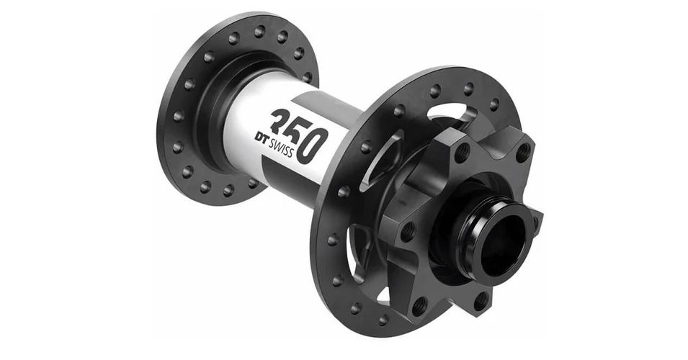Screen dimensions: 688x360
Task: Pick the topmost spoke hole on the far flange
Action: coord(260,31)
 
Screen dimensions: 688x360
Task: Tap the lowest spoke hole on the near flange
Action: coord(383,320)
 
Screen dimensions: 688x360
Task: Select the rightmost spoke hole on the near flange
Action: coord(494,104)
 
